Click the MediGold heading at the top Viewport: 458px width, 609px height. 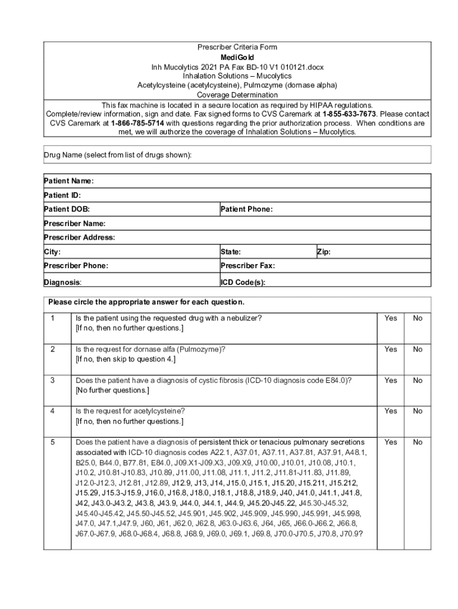click(237, 57)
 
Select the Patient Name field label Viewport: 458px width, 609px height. click(68, 181)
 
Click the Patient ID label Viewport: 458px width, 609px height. click(62, 195)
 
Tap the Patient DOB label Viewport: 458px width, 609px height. click(67, 209)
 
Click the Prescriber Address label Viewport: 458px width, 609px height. click(79, 237)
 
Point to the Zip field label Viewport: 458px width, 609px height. click(324, 252)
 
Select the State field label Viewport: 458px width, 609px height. click(230, 252)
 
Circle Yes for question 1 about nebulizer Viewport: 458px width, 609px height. click(390, 318)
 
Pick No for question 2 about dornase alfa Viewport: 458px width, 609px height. click(418, 349)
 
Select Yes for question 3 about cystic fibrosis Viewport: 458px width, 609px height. click(390, 380)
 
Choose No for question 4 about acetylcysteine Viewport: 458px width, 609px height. click(418, 411)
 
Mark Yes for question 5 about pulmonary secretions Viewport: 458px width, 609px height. click(390, 442)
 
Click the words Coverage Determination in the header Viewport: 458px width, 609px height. click(237, 95)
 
